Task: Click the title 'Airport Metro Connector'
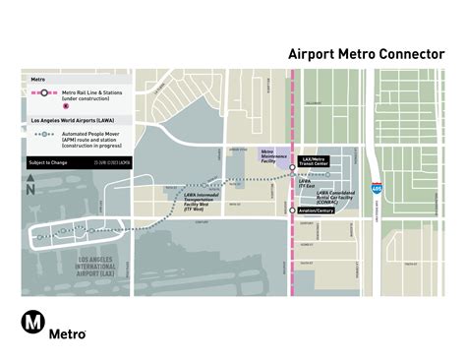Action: point(366,54)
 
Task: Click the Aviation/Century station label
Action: point(315,210)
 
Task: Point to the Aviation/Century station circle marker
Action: point(292,210)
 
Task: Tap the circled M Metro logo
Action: point(34,325)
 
